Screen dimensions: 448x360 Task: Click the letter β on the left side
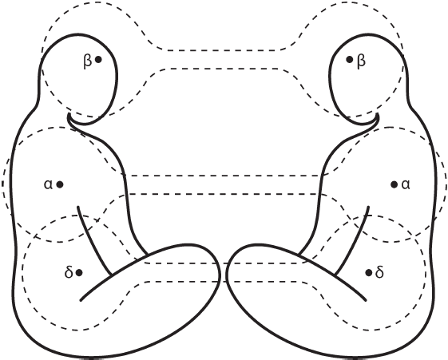click(x=87, y=61)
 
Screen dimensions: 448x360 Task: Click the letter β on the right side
click(x=361, y=61)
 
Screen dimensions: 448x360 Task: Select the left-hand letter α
click(x=48, y=184)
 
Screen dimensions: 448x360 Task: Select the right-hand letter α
click(x=406, y=184)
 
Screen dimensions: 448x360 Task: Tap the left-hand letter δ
click(x=69, y=272)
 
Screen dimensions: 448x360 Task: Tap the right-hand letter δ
click(x=379, y=272)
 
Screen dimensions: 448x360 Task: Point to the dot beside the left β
click(x=98, y=60)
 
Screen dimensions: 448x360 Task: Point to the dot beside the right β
click(x=350, y=60)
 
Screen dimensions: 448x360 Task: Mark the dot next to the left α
click(x=60, y=184)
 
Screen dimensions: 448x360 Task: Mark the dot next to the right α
click(x=394, y=184)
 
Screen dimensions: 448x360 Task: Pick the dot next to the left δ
click(x=79, y=273)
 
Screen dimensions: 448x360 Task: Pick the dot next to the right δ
click(x=369, y=273)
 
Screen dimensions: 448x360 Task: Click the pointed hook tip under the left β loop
click(x=69, y=114)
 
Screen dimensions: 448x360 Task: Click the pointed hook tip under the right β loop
click(x=379, y=114)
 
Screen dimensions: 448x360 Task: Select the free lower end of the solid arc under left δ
click(x=81, y=300)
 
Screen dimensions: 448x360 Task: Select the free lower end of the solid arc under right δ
click(x=366, y=300)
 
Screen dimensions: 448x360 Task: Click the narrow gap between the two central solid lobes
click(x=223, y=274)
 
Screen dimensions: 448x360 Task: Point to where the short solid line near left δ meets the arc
click(x=111, y=275)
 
